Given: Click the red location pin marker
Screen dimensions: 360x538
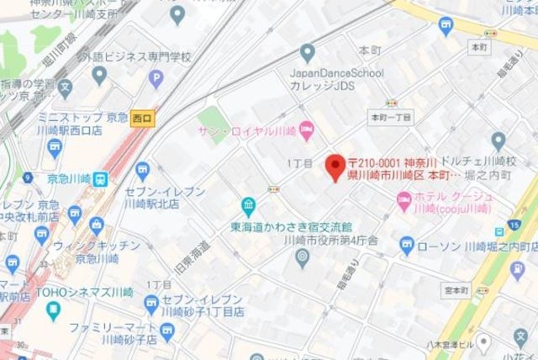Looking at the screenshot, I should pyautogui.click(x=335, y=165).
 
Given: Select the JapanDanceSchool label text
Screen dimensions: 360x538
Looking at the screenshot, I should pyautogui.click(x=335, y=73).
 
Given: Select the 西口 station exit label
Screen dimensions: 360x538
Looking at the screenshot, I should pyautogui.click(x=143, y=119).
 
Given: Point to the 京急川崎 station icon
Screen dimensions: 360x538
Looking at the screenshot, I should pyautogui.click(x=100, y=178).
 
